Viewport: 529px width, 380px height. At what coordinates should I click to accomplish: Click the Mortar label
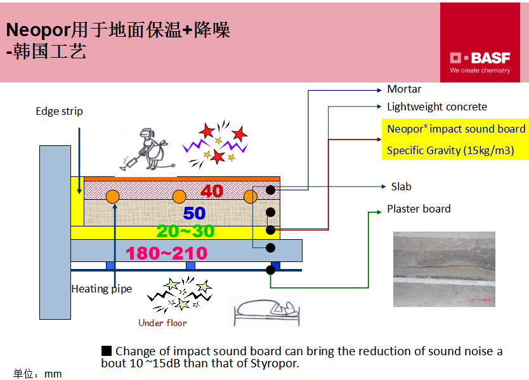404,89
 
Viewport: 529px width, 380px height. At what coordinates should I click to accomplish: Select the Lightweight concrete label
437,107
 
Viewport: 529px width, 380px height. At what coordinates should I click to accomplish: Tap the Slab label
401,187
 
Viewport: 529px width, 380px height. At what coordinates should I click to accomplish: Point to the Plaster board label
419,209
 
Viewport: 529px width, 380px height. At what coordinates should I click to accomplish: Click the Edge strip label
59,112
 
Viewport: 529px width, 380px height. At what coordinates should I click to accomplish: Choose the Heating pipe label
101,289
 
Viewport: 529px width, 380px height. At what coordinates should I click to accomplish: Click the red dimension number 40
211,191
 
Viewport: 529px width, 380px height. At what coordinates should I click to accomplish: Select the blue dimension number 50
195,213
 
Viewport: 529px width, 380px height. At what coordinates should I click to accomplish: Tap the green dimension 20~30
185,231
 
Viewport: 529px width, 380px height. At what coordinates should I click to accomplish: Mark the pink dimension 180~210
166,254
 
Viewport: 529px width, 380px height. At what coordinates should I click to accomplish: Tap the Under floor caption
162,323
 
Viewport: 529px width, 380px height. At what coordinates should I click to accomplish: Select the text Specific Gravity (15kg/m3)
450,151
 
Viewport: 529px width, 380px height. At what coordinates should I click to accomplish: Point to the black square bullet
107,351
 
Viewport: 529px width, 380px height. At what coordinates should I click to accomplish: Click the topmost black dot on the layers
271,190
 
